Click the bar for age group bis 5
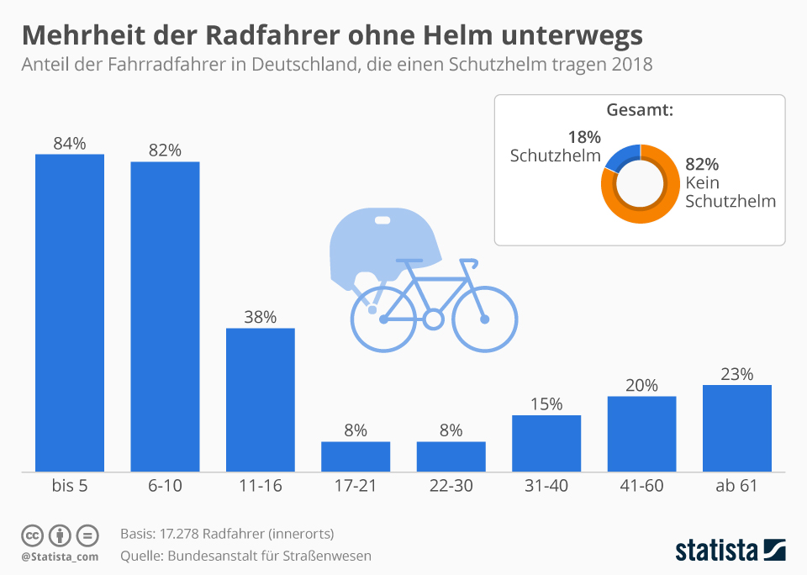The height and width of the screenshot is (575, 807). [69, 312]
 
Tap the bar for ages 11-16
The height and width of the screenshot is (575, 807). [260, 399]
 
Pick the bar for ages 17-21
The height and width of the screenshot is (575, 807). [356, 456]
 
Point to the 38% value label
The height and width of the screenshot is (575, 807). [260, 317]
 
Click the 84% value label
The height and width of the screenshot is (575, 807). [69, 143]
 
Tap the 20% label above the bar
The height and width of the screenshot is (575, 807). [641, 385]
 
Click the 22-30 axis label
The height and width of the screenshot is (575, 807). [451, 486]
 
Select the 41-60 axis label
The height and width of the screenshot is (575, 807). [641, 486]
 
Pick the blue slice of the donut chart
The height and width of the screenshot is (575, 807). [620, 156]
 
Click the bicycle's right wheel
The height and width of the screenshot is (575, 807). [484, 319]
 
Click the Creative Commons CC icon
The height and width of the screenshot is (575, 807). [33, 535]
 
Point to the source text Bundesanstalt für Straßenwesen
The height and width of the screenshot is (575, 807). [269, 555]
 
